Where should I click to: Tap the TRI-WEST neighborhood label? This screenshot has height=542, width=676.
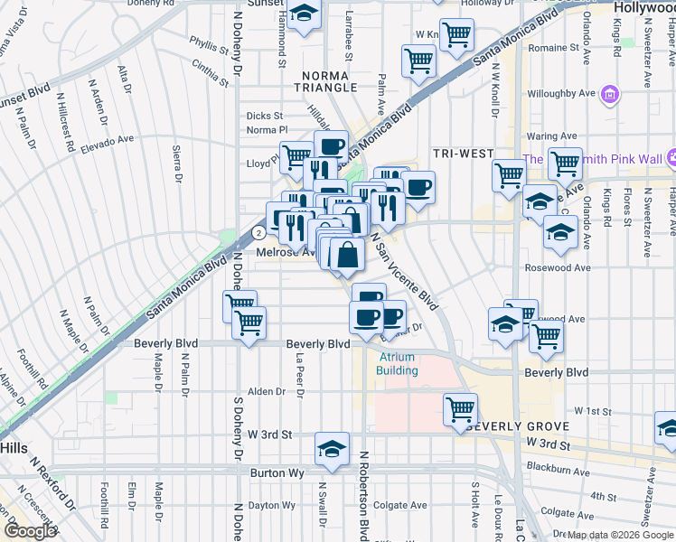462,153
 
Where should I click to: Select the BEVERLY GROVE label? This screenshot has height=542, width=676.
518,426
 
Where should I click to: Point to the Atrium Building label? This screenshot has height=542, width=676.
398,364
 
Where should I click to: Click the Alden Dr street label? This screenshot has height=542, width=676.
267,391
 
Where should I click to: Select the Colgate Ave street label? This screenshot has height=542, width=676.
399,506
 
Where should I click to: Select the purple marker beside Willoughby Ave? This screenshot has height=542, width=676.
610,94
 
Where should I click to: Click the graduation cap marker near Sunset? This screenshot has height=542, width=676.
305,15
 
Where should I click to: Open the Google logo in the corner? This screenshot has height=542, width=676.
29,532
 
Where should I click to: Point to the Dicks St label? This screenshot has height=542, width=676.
265,116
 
